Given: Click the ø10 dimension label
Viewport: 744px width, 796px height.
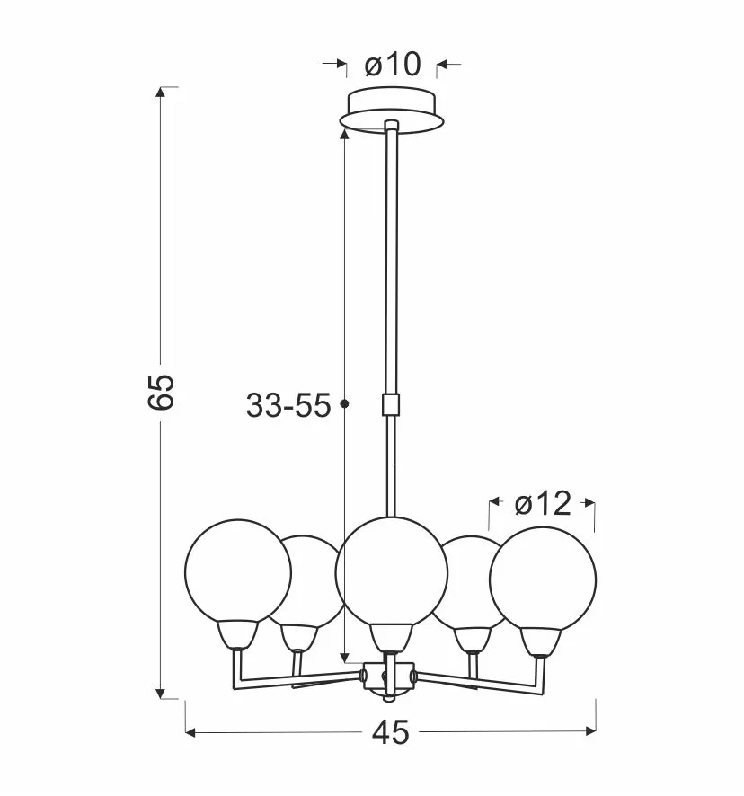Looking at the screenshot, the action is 393,65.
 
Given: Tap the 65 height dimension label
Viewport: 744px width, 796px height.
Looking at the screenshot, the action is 162,392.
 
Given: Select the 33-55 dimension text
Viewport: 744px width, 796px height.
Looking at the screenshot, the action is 288,405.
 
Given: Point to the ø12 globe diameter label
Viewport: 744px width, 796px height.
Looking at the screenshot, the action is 543,504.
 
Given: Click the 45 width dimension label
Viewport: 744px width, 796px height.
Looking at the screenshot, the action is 390,732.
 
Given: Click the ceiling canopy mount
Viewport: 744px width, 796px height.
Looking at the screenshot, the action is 392,111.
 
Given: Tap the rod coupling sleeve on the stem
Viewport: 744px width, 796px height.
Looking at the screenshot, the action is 391,404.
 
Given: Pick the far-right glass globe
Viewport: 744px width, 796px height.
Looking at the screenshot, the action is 543,579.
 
